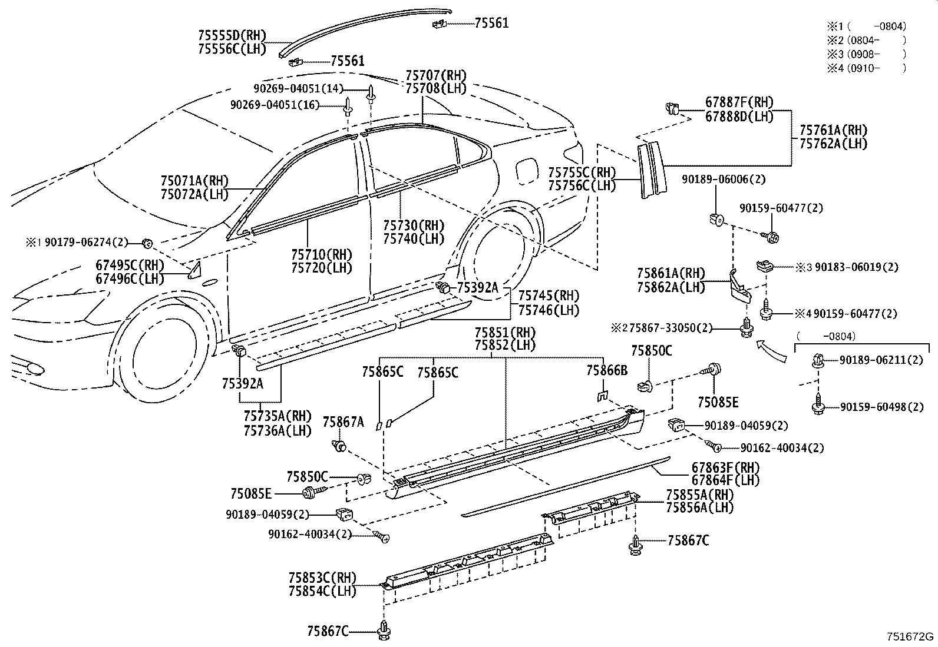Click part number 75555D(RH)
pos(232,36)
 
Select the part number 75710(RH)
pos(321,255)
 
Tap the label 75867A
pos(343,422)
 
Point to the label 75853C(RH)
pos(322,578)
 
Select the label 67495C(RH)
pos(130,266)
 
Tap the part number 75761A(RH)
pos(833,130)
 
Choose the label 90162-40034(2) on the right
pos(782,448)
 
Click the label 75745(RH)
pos(548,296)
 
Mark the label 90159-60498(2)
pos(881,407)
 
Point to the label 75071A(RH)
pos(194,181)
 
